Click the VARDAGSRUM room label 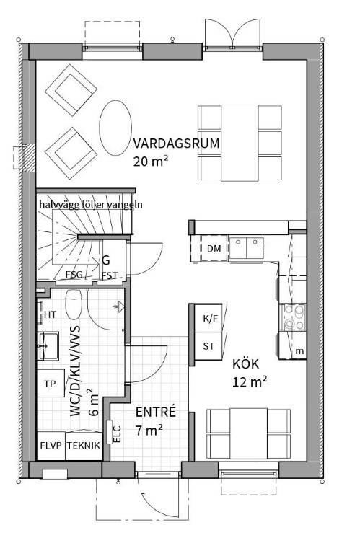[176, 144]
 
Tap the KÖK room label [245, 363]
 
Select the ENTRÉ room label [156, 412]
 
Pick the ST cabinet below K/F [208, 346]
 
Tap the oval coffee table [115, 128]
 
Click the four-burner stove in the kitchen [293, 317]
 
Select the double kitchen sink [247, 248]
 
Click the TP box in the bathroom [51, 384]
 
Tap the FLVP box [51, 446]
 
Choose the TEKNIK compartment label [84, 446]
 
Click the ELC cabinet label [117, 433]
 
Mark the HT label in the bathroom [50, 314]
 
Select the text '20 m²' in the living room [150, 162]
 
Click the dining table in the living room [240, 143]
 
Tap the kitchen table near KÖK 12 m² [248, 433]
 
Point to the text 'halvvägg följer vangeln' [91, 205]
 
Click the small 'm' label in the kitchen [299, 351]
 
